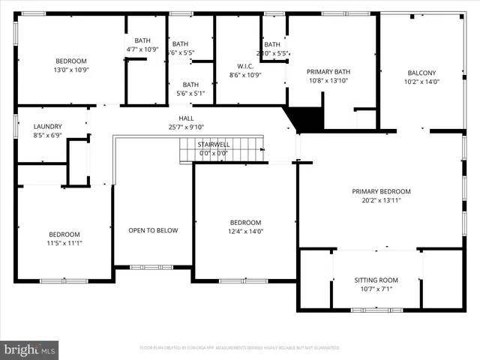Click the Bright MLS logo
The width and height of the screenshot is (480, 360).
point(30,349)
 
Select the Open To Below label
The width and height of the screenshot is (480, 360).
point(153,230)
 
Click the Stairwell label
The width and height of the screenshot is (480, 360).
point(213,143)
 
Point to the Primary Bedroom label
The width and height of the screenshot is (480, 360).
point(381,191)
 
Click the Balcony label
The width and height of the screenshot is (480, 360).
point(420,73)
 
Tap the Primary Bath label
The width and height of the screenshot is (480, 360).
point(328,71)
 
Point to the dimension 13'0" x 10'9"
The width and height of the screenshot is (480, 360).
point(71,70)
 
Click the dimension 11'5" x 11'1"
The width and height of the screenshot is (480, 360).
point(64,242)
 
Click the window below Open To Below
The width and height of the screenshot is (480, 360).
point(151,267)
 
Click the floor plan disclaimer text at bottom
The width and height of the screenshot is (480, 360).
point(240,348)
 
